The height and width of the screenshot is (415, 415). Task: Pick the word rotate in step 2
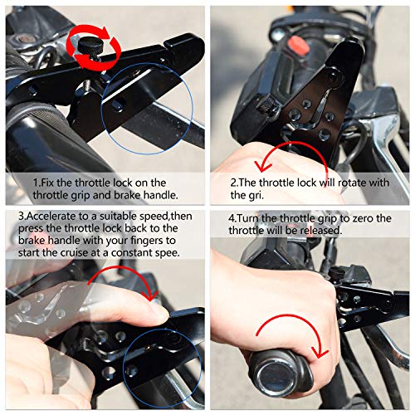(x=354, y=182)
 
